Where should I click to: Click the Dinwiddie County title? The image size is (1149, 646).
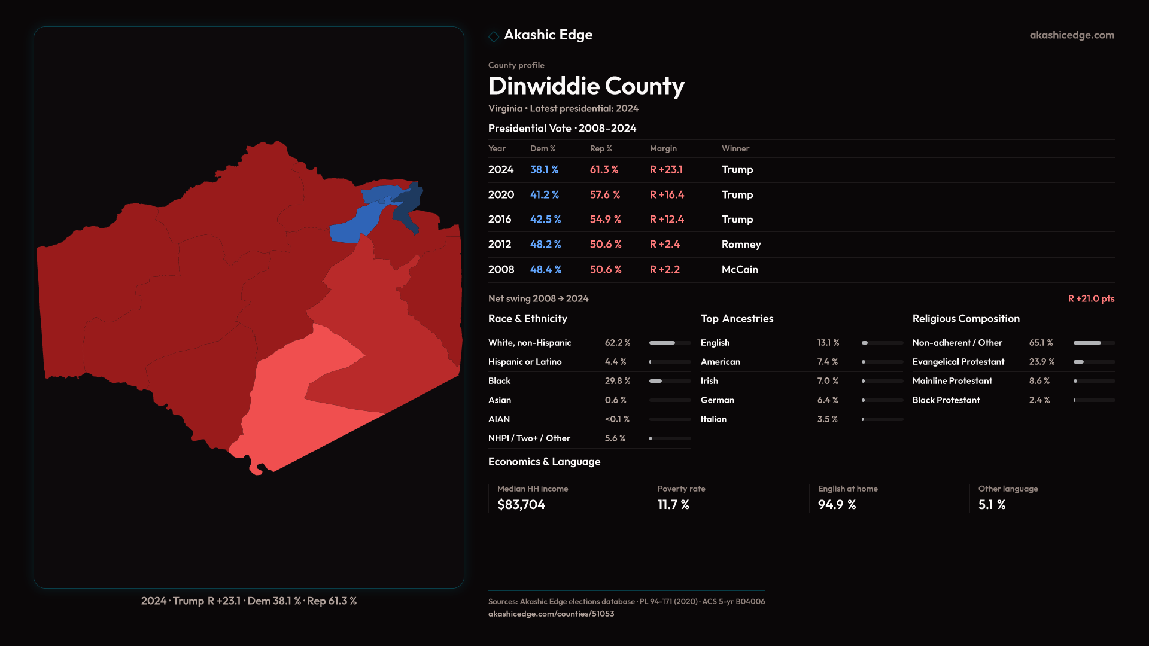tap(586, 86)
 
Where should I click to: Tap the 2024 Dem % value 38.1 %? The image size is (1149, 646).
tap(544, 170)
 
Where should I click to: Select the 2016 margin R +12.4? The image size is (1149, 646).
tap(667, 220)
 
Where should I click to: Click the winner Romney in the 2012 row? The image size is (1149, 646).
tap(741, 245)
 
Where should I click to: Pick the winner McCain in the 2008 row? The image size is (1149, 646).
tap(740, 270)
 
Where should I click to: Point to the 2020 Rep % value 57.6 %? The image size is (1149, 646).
tap(604, 195)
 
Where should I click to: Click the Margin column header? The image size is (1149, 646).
tap(663, 148)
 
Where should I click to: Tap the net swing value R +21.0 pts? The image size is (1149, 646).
tap(1091, 298)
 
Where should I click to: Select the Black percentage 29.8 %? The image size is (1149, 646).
tap(617, 381)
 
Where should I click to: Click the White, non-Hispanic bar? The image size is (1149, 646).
tap(670, 343)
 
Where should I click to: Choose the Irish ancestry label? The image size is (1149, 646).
tap(709, 381)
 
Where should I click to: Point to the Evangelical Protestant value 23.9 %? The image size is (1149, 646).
tap(1041, 362)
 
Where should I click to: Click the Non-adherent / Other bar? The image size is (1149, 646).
tap(1093, 343)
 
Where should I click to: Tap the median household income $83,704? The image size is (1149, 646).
tap(521, 505)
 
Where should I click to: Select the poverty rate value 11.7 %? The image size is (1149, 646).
tap(673, 505)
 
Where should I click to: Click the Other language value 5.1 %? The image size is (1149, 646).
tap(992, 505)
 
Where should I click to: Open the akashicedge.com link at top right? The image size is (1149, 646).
tap(1072, 35)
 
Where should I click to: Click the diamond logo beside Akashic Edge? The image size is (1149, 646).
tap(494, 36)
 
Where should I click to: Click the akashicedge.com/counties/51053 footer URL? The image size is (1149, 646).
tap(551, 614)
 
